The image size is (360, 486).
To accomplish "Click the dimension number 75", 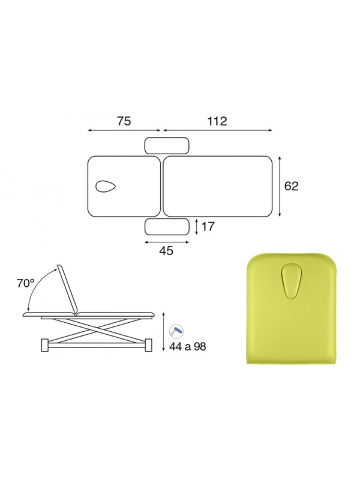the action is point(124,121).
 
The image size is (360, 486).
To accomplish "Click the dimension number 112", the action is point(217,121).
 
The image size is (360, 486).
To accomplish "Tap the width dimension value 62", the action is point(291,186).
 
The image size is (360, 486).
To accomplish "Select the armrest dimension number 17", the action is point(208,227).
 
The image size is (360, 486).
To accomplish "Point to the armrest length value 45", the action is point(166,251).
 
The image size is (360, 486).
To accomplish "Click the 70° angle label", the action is point(26,283).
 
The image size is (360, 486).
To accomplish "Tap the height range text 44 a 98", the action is point(188,346).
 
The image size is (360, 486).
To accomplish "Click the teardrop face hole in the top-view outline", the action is point(106,186).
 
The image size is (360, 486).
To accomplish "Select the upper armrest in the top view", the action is point(167,146).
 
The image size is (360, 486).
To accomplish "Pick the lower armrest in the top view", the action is point(167,227).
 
